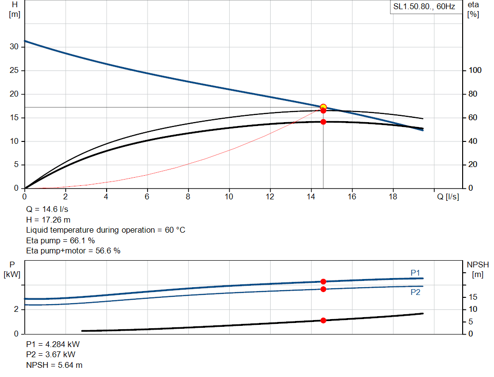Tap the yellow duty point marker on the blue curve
coord(323,107)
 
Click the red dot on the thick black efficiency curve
coord(323,122)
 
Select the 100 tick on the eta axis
coord(475,70)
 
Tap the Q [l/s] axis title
coord(448,196)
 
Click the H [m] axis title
coord(14,9)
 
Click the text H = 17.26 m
coord(49,220)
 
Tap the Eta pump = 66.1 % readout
coord(60,240)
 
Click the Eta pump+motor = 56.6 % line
coord(73,251)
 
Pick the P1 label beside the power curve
coord(415,273)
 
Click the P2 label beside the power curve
coord(415,292)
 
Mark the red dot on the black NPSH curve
coord(323,321)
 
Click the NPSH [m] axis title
coord(478,269)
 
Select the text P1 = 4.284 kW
coord(53,345)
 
